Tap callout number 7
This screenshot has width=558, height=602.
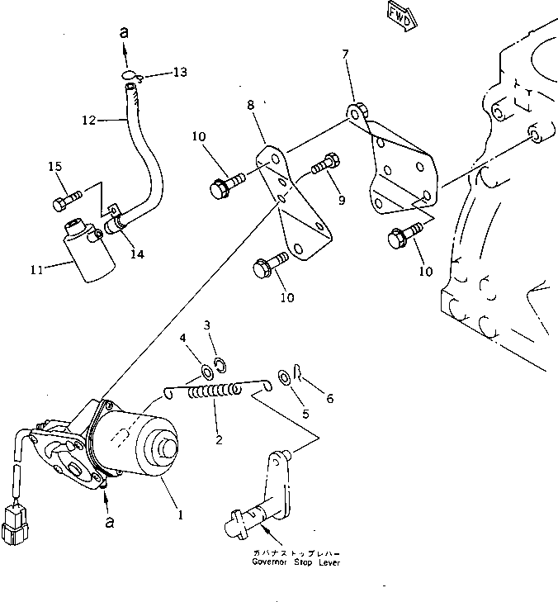pyautogui.click(x=345, y=54)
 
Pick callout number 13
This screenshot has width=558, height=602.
pyautogui.click(x=179, y=72)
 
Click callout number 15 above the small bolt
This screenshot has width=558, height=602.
pyautogui.click(x=55, y=167)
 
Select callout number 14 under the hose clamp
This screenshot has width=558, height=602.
pyautogui.click(x=137, y=254)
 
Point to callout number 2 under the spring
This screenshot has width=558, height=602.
pyautogui.click(x=219, y=439)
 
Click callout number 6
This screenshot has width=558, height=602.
pyautogui.click(x=330, y=399)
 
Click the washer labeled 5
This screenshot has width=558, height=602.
pyautogui.click(x=284, y=377)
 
